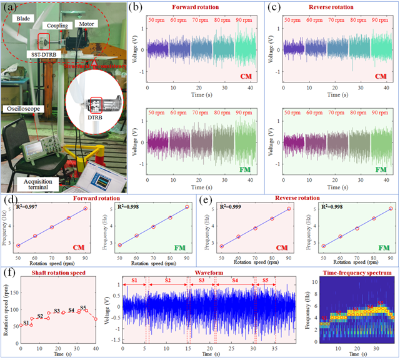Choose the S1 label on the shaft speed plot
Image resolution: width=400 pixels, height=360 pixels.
coord(26,322)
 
